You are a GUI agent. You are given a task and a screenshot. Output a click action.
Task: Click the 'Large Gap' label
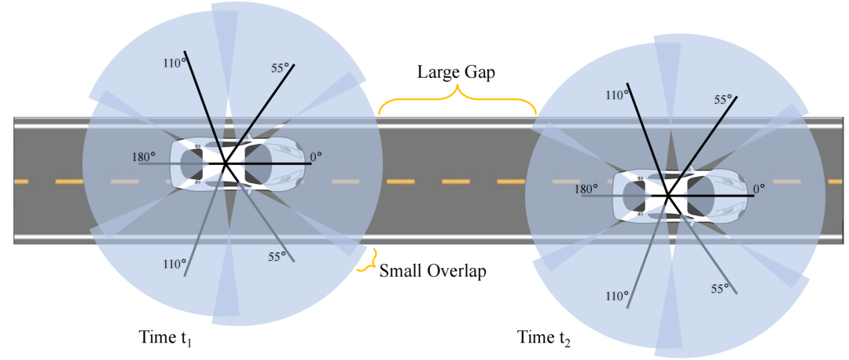click(456, 72)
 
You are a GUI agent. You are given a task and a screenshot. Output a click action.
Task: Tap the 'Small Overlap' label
click(432, 271)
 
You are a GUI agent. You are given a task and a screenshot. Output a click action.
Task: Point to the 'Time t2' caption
click(545, 339)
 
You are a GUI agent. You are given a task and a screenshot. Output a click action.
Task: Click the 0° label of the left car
click(315, 158)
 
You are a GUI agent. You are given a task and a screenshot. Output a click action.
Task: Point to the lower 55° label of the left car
click(277, 256)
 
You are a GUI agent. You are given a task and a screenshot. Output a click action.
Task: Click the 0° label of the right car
click(759, 189)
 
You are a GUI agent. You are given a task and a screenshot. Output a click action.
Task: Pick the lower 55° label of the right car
click(719, 288)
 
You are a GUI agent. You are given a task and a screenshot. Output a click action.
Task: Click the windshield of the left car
click(258, 163)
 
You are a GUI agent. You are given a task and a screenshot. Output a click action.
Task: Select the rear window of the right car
click(630, 195)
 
